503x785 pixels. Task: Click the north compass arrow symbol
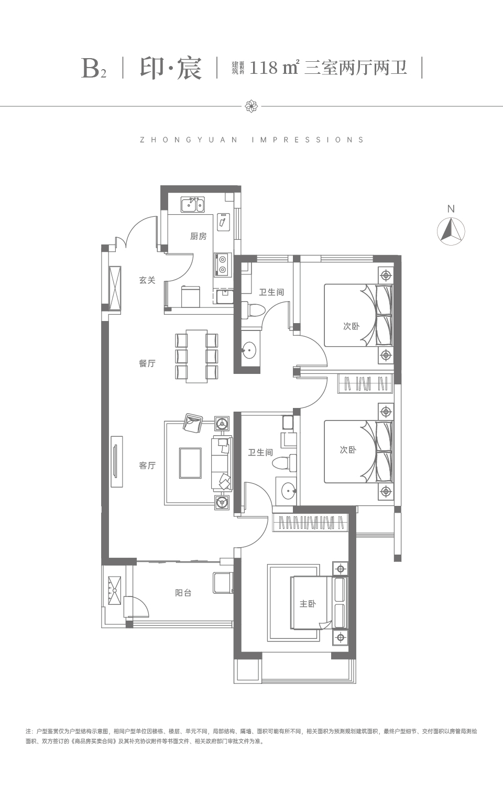[451, 231]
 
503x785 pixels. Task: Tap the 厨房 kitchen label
[199, 237]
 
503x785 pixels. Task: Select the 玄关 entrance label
[147, 280]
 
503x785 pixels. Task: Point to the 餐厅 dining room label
[147, 363]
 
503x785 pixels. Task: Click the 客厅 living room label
[147, 466]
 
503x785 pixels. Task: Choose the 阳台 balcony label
[183, 593]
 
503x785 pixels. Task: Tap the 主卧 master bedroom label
[308, 603]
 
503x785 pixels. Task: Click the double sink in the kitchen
[192, 205]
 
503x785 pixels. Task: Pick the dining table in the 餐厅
[196, 356]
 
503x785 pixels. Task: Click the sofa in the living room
[222, 463]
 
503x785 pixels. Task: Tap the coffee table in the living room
[190, 463]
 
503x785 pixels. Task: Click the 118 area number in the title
[264, 68]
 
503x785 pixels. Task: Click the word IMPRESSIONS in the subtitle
[308, 140]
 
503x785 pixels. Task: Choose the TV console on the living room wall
[117, 461]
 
